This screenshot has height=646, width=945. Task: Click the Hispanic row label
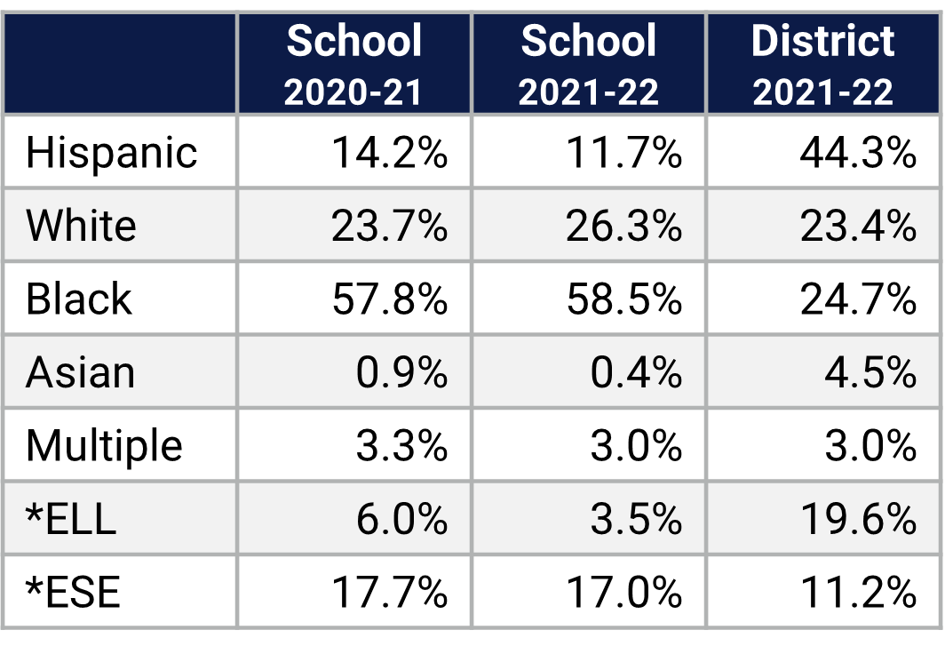click(111, 153)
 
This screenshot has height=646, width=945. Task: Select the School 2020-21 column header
click(353, 64)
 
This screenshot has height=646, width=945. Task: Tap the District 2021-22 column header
click(823, 64)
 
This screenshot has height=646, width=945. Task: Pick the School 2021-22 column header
click(588, 64)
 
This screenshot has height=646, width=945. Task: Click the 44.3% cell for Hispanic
click(858, 153)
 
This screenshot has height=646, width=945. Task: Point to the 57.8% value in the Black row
click(390, 299)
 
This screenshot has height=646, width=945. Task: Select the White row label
click(81, 226)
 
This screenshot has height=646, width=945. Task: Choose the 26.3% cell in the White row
click(624, 226)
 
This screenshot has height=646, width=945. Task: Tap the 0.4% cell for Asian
click(636, 372)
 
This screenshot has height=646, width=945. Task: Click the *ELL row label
click(71, 519)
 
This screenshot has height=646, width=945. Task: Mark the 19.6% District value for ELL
click(858, 519)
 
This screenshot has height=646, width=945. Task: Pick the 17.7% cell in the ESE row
click(390, 592)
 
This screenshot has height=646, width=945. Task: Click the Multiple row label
click(104, 445)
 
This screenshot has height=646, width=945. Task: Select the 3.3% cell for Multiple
click(401, 445)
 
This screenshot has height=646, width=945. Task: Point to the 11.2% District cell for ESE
click(858, 592)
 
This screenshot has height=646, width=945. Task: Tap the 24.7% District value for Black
click(858, 299)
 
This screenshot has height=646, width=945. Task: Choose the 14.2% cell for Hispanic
click(390, 153)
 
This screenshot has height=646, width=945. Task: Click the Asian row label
click(80, 372)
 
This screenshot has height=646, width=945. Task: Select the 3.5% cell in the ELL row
click(636, 519)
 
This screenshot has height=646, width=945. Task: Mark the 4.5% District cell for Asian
click(870, 372)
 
